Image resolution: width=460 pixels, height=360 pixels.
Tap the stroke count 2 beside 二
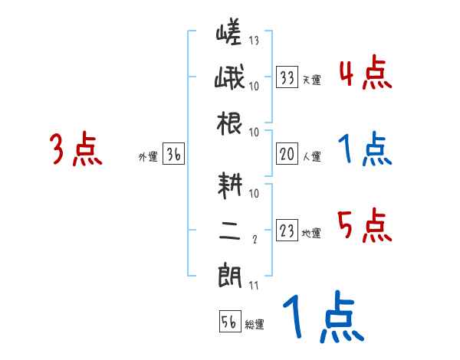tap(254, 241)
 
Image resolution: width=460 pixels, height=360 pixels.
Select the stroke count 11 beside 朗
tap(254, 286)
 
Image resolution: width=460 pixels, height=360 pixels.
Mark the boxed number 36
tap(173, 154)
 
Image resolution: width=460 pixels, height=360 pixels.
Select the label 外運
tap(148, 157)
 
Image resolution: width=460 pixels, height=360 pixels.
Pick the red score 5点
tap(364, 226)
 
